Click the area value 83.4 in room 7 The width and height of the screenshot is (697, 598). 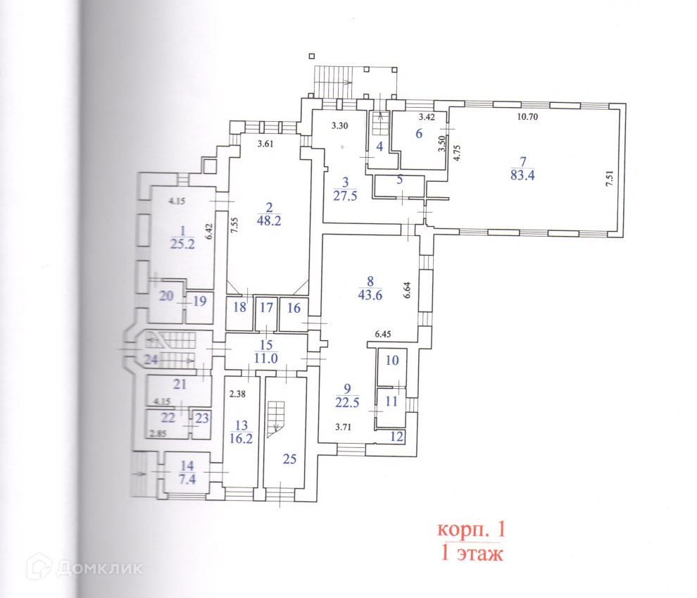(x=522, y=176)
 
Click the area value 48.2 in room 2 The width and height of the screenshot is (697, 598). (x=268, y=220)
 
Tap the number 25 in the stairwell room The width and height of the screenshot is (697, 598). (x=289, y=459)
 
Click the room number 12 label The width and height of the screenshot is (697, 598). (x=397, y=437)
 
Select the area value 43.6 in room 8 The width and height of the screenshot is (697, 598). (x=370, y=295)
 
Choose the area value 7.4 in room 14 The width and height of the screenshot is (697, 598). (x=187, y=478)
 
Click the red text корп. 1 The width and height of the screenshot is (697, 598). (x=471, y=529)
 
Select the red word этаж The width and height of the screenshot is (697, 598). (x=482, y=554)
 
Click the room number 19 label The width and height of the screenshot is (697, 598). (x=200, y=301)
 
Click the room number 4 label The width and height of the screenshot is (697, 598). (x=378, y=147)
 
